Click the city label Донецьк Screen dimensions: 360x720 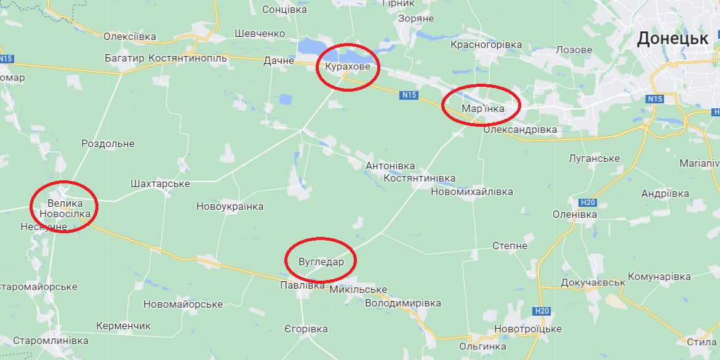click(x=672, y=39)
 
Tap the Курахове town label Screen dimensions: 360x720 click(x=348, y=66)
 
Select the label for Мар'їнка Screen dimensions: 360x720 click(x=482, y=108)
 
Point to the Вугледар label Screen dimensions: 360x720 click(x=321, y=260)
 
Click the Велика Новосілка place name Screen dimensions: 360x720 click(x=64, y=208)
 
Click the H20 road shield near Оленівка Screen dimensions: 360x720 click(x=588, y=202)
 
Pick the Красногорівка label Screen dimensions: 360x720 click(x=486, y=45)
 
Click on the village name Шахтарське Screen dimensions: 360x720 click(x=160, y=184)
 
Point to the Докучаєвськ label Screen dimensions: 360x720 click(x=593, y=282)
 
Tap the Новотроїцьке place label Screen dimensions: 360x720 click(x=527, y=329)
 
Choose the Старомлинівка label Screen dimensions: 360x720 click(x=50, y=340)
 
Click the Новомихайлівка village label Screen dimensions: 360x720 click(x=472, y=191)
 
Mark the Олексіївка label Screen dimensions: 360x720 click(x=130, y=37)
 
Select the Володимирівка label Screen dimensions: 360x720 click(x=403, y=303)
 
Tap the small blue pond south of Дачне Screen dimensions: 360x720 click(x=285, y=98)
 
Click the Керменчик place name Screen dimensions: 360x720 click(x=123, y=326)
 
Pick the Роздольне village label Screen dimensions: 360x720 click(x=108, y=143)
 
